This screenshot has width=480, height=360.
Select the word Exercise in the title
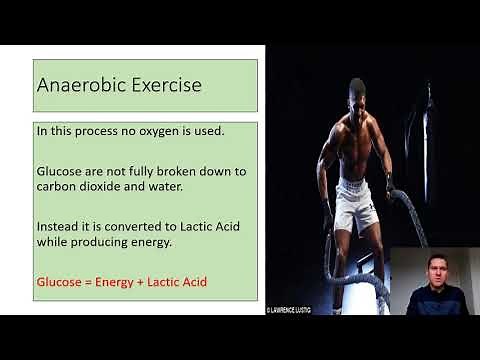coord(164,85)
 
